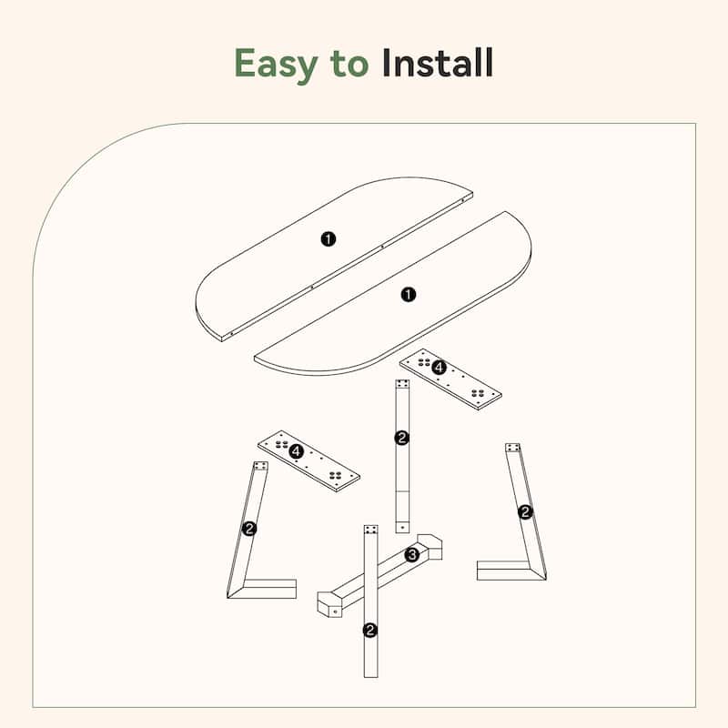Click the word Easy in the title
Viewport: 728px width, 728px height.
(x=276, y=64)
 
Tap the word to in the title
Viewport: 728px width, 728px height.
(x=349, y=64)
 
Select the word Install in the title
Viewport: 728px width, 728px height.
(x=437, y=63)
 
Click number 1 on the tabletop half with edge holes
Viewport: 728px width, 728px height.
(x=329, y=239)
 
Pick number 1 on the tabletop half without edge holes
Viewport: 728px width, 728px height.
(x=408, y=294)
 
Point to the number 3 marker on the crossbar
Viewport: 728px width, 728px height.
(x=412, y=554)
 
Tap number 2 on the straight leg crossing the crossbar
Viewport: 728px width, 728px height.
(x=370, y=630)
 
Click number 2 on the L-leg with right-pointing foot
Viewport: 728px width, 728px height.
(x=249, y=529)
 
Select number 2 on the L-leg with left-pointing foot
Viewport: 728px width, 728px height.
(x=525, y=511)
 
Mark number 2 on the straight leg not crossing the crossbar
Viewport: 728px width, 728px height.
(x=401, y=438)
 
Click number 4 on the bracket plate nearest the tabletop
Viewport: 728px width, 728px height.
(x=439, y=368)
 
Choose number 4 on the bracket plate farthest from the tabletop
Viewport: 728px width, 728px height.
(x=296, y=451)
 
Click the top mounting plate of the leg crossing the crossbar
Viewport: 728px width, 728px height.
(x=370, y=530)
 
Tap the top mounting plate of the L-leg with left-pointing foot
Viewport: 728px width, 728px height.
(x=512, y=448)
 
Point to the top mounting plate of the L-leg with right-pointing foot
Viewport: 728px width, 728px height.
(x=261, y=466)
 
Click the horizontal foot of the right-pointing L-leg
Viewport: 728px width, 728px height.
(x=268, y=589)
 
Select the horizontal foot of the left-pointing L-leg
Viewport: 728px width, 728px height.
(x=505, y=571)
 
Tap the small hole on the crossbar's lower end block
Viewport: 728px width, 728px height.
(x=335, y=612)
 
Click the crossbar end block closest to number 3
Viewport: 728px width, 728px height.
(x=430, y=547)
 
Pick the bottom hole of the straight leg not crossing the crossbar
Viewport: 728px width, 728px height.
(x=402, y=528)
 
